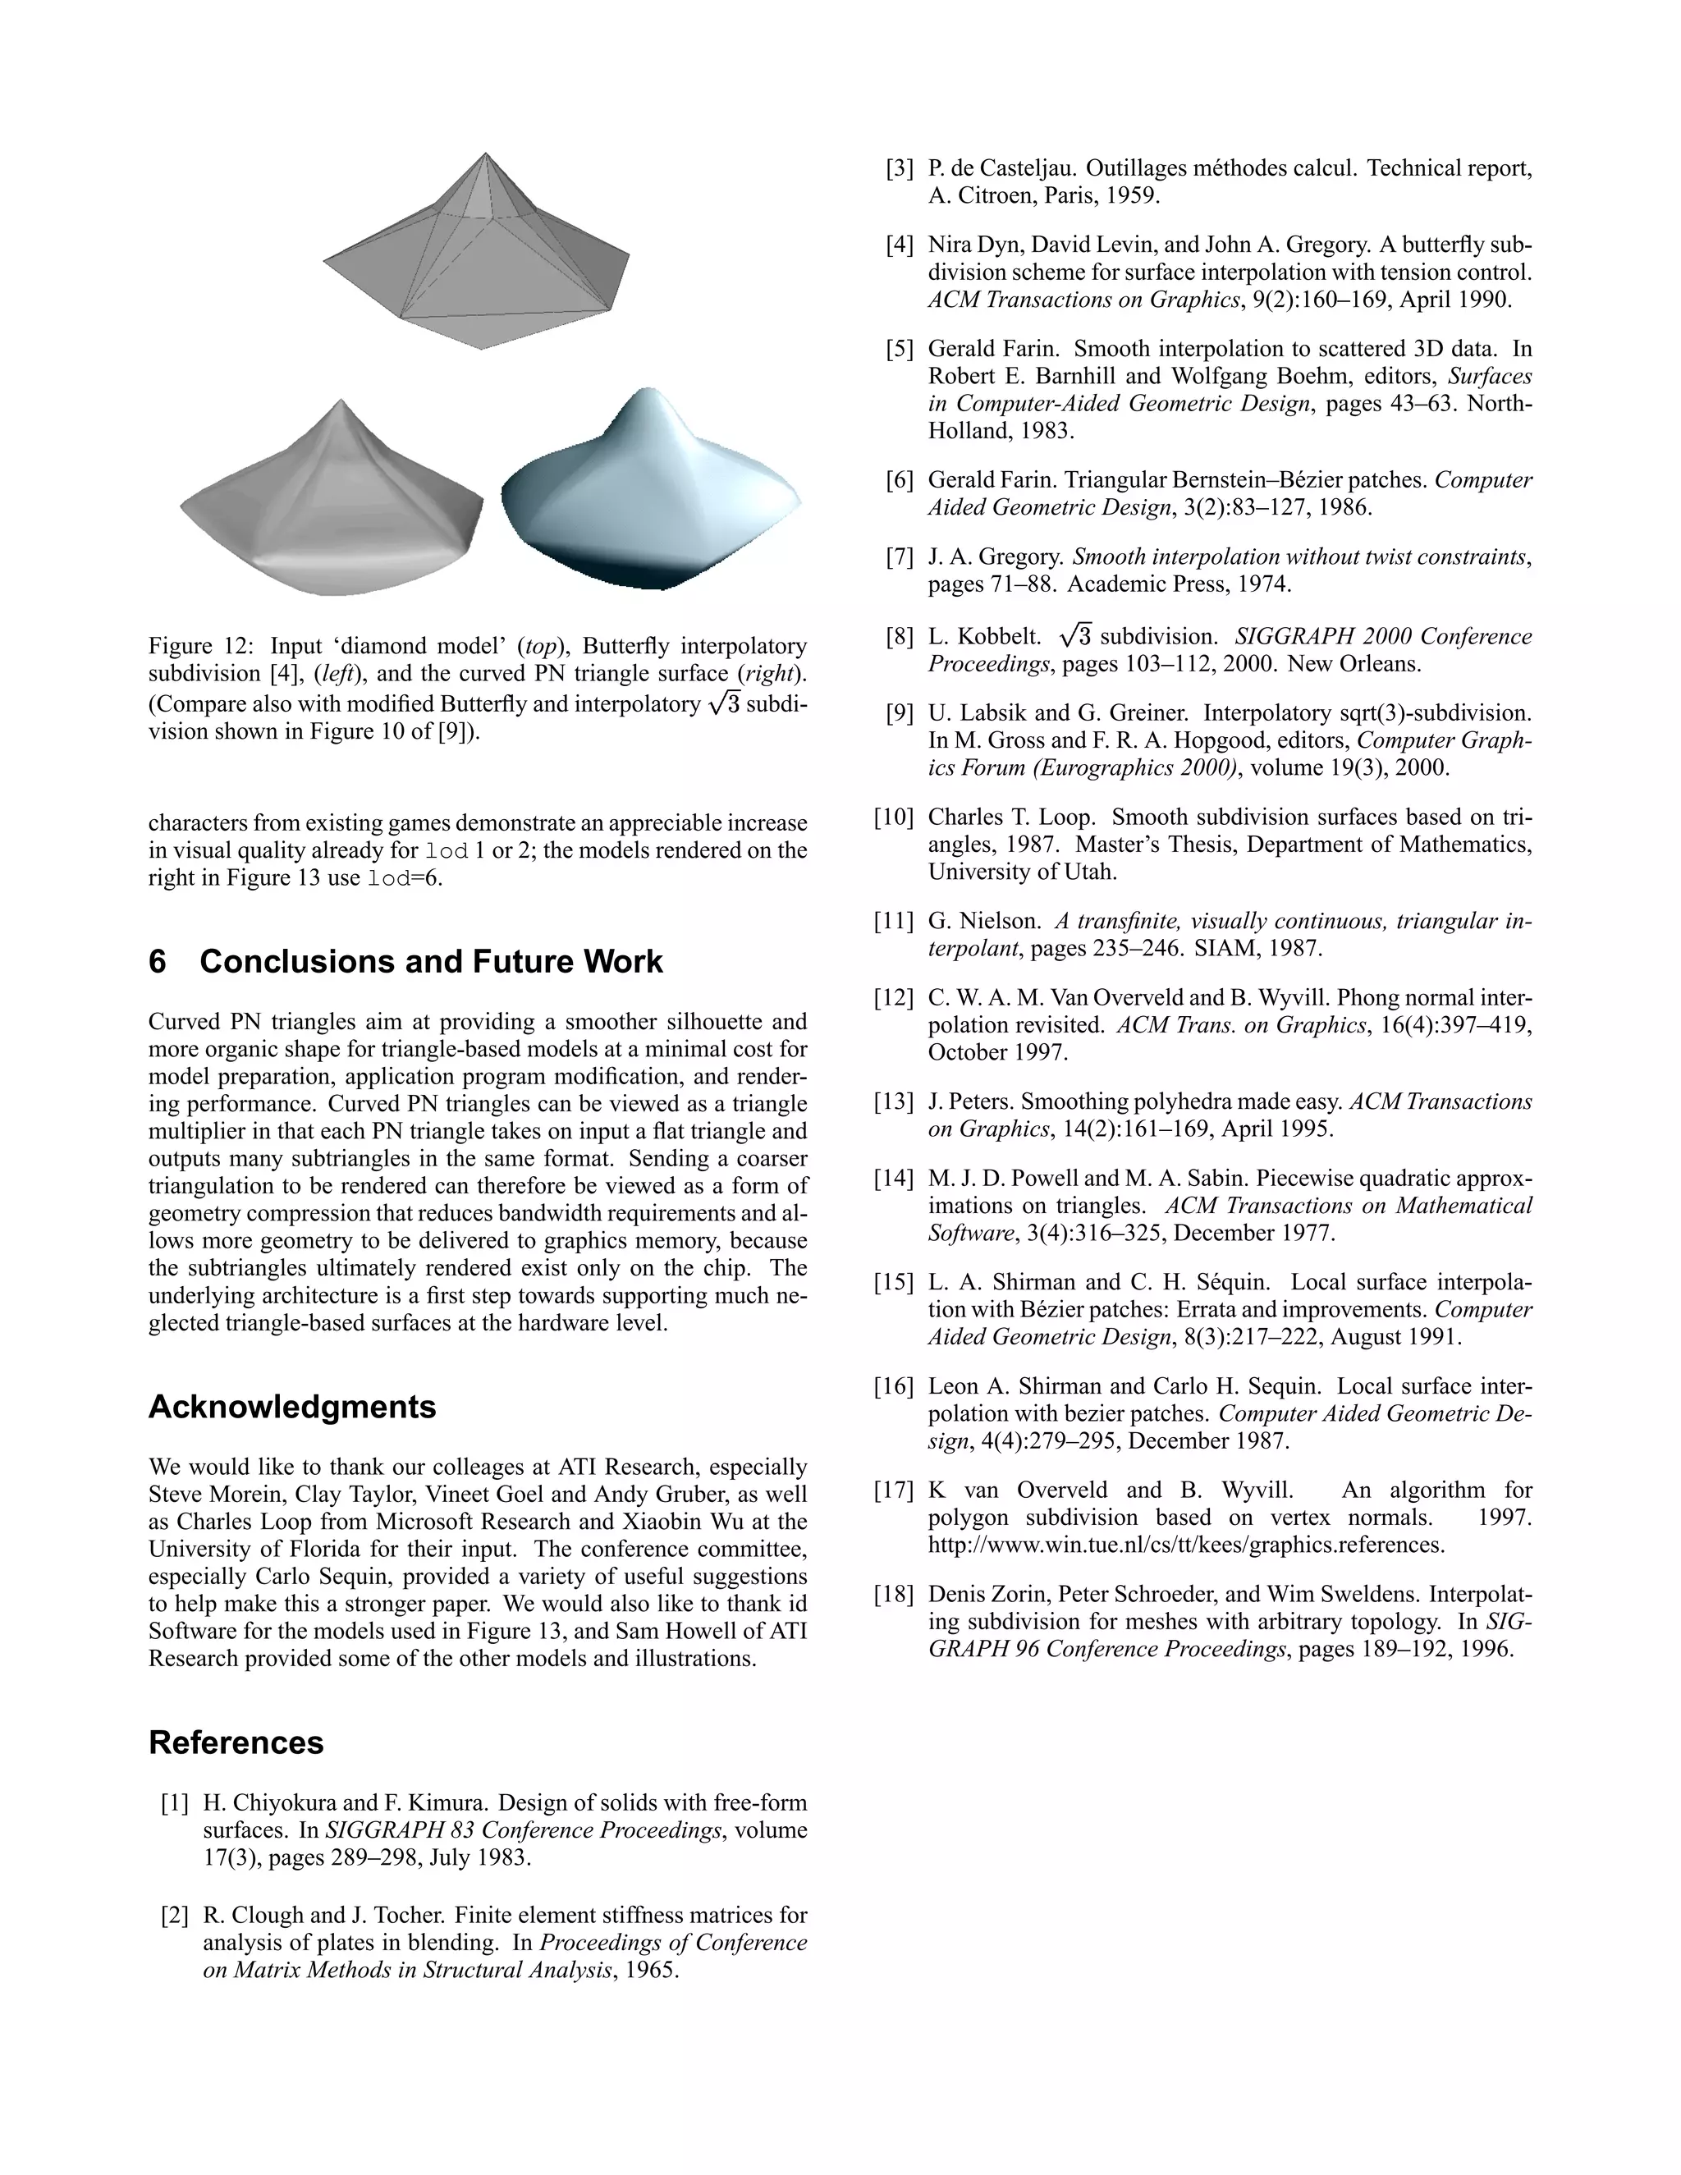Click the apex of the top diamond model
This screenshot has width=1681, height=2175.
(x=485, y=155)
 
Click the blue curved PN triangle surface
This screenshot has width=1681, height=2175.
(x=653, y=498)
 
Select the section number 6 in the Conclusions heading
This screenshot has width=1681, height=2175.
(x=158, y=962)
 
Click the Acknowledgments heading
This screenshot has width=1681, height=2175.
(x=291, y=1407)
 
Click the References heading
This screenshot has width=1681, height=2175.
(x=236, y=1742)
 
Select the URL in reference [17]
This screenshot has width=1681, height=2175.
(x=1186, y=1545)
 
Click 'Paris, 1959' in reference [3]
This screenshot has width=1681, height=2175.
(x=1101, y=196)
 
